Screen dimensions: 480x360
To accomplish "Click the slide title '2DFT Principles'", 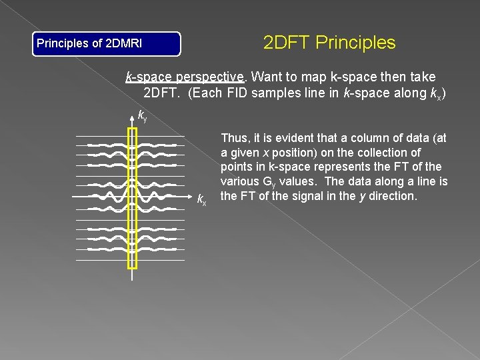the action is click(329, 43).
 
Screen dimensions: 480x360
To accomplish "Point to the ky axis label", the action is click(142, 116).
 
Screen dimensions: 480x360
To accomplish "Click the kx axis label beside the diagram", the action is click(202, 199).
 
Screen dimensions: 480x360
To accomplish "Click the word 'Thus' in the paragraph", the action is click(233, 138).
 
